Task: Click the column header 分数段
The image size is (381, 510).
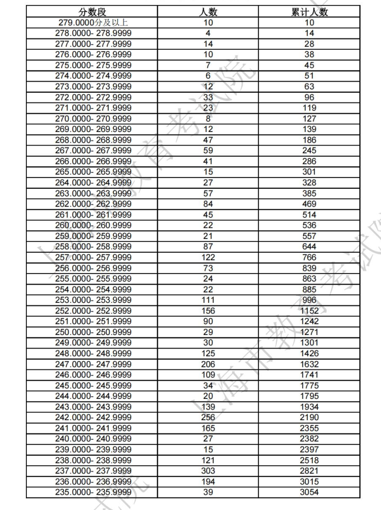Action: click(x=92, y=12)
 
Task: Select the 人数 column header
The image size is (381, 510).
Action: click(x=208, y=12)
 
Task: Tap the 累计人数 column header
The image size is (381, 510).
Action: click(x=309, y=12)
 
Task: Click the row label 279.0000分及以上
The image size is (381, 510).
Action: click(x=93, y=22)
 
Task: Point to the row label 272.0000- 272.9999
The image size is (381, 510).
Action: click(x=93, y=97)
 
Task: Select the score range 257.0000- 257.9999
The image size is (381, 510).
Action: click(x=93, y=257)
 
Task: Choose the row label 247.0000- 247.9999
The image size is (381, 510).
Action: click(x=93, y=364)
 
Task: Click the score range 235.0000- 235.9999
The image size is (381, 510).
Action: click(x=93, y=492)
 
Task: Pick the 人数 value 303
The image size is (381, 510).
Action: click(x=208, y=471)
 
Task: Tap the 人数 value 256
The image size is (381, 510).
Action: click(x=208, y=417)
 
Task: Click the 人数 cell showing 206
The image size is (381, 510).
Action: click(x=208, y=364)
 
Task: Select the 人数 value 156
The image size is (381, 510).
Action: click(x=208, y=311)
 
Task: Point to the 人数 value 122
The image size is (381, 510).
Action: click(x=208, y=257)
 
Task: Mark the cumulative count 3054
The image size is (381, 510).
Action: click(x=309, y=492)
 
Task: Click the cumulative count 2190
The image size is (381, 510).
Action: click(x=309, y=417)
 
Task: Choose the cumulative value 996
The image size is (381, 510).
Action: click(x=309, y=300)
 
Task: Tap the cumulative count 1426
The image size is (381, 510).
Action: click(x=309, y=353)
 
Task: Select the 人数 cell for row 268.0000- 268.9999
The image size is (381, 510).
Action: click(x=208, y=140)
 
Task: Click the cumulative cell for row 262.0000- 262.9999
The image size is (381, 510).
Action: click(x=309, y=204)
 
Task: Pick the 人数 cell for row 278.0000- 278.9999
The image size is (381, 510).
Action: click(x=208, y=33)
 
